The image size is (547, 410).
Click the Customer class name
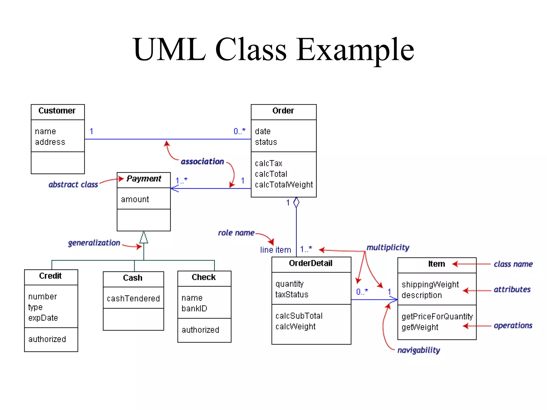pyautogui.click(x=57, y=111)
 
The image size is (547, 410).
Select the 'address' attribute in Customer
pyautogui.click(x=50, y=142)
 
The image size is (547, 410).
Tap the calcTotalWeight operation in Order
pyautogui.click(x=284, y=185)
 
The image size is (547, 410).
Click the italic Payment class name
pyautogui.click(x=144, y=179)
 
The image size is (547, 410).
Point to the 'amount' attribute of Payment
pyautogui.click(x=135, y=199)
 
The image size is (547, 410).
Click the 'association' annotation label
pyautogui.click(x=202, y=161)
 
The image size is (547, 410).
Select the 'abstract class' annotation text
pyautogui.click(x=73, y=184)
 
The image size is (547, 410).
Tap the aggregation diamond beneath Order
pyautogui.click(x=296, y=203)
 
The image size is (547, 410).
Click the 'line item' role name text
pyautogui.click(x=275, y=250)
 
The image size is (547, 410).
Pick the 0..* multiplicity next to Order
pyautogui.click(x=239, y=131)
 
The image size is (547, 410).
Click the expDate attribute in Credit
pyautogui.click(x=43, y=318)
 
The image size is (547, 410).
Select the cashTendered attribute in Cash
pyautogui.click(x=133, y=298)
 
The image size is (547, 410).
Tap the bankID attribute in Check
pyautogui.click(x=194, y=309)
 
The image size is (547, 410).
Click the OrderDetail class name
pyautogui.click(x=311, y=263)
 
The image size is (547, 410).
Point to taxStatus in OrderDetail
pyautogui.click(x=292, y=295)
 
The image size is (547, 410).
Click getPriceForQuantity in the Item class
pyautogui.click(x=437, y=317)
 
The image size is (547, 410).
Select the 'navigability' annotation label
pyautogui.click(x=419, y=350)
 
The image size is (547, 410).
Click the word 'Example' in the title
pyautogui.click(x=355, y=50)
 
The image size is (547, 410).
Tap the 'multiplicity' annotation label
pyautogui.click(x=388, y=247)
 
